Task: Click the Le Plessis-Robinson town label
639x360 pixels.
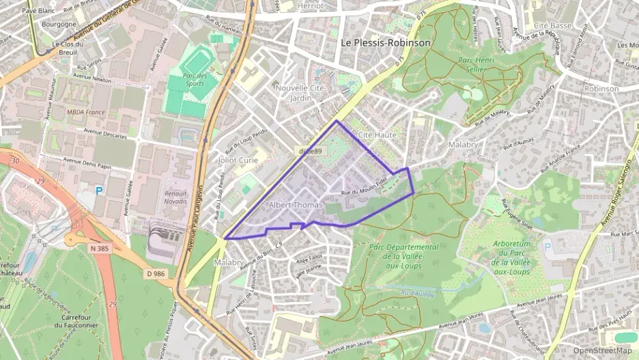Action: pyautogui.click(x=386, y=42)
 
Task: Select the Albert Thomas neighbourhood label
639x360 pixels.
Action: pyautogui.click(x=295, y=205)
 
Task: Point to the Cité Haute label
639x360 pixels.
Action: pyautogui.click(x=377, y=135)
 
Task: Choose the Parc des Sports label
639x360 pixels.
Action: pyautogui.click(x=195, y=80)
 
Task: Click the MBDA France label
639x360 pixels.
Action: pyautogui.click(x=85, y=112)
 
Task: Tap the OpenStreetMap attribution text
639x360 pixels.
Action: pyautogui.click(x=603, y=351)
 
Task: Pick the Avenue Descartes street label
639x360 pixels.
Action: pyautogui.click(x=106, y=130)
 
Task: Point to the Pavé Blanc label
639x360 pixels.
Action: pyautogui.click(x=38, y=11)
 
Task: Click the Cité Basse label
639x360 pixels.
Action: pyautogui.click(x=552, y=25)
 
